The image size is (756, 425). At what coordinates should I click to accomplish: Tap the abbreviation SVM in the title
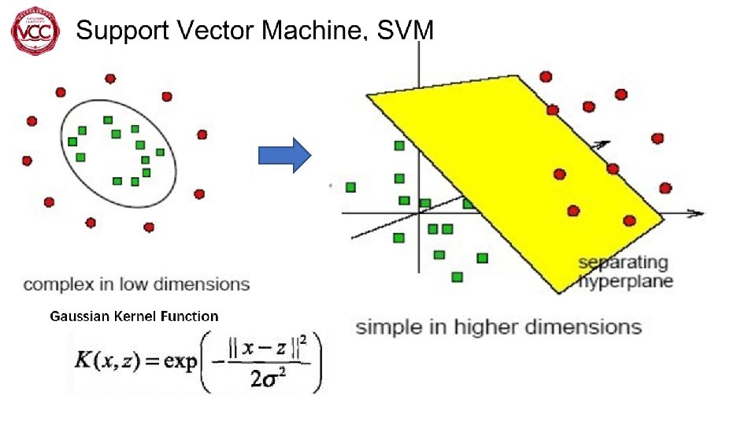tap(406, 31)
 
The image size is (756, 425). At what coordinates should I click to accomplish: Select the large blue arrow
tap(286, 155)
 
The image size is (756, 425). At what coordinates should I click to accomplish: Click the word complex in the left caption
tap(56, 284)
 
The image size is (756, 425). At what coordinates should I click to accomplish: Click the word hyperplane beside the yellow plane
tap(627, 280)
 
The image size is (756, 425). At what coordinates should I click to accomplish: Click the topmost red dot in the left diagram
tap(110, 78)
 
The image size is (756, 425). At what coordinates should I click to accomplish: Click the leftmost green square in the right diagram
tap(350, 187)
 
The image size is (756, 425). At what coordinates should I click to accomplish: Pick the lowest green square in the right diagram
tap(457, 276)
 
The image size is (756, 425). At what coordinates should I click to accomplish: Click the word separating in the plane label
tap(623, 262)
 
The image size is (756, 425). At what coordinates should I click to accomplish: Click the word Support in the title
tap(121, 31)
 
